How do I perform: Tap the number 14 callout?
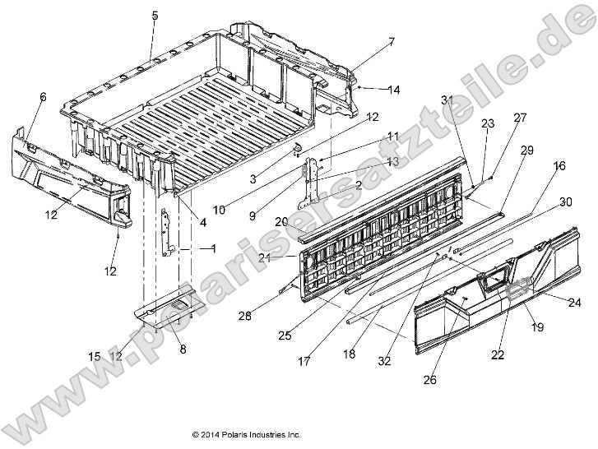point(393,90)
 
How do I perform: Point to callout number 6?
point(43,96)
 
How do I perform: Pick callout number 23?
point(487,123)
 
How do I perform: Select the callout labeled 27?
point(519,118)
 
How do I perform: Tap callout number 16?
point(559,166)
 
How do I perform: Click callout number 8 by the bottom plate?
point(183,349)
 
